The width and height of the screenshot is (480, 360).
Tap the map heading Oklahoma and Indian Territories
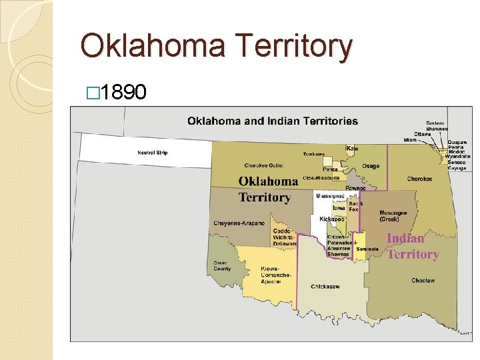272,121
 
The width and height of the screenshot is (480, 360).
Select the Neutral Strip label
152,153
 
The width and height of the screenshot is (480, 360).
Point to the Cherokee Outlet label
264,165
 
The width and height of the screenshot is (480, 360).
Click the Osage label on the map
370,166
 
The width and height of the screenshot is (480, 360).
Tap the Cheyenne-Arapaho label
239,223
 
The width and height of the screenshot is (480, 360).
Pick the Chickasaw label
325,287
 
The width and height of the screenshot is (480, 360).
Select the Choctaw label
423,281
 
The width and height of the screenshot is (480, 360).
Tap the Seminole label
367,249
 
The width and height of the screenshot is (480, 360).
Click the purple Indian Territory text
413,247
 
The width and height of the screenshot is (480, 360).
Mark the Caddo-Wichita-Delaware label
285,237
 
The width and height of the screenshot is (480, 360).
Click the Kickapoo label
331,219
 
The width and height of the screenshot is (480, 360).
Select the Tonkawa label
313,155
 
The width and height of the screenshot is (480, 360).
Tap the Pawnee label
355,189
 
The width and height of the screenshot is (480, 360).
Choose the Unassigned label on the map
330,196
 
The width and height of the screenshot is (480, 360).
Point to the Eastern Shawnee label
436,126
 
